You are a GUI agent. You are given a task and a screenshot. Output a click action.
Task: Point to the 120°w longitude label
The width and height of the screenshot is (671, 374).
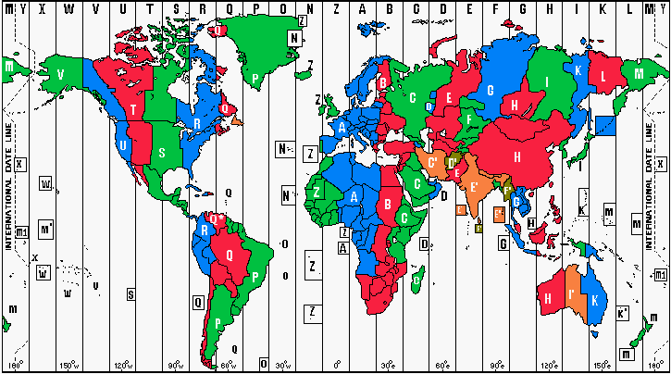(x=123, y=365)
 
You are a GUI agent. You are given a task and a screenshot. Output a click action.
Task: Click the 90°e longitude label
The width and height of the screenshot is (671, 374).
(x=497, y=365)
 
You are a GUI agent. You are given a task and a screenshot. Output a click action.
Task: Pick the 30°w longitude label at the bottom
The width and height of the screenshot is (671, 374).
(x=283, y=365)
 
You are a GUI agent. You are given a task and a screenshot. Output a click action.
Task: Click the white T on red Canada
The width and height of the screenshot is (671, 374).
(x=135, y=110)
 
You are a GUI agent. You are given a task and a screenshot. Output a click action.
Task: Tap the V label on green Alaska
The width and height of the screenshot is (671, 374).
(x=60, y=74)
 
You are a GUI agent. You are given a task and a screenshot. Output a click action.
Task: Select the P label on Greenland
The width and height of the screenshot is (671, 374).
(x=255, y=78)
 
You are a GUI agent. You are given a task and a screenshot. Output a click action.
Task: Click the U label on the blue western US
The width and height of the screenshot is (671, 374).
(x=123, y=145)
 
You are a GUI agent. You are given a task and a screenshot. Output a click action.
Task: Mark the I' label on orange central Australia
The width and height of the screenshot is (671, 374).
(x=573, y=295)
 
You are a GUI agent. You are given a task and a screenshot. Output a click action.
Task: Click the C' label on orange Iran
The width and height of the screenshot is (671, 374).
(x=433, y=163)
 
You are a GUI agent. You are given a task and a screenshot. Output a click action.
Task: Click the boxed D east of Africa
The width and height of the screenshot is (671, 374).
(x=423, y=244)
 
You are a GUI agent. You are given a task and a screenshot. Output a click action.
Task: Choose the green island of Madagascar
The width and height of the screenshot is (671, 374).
(x=418, y=276)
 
